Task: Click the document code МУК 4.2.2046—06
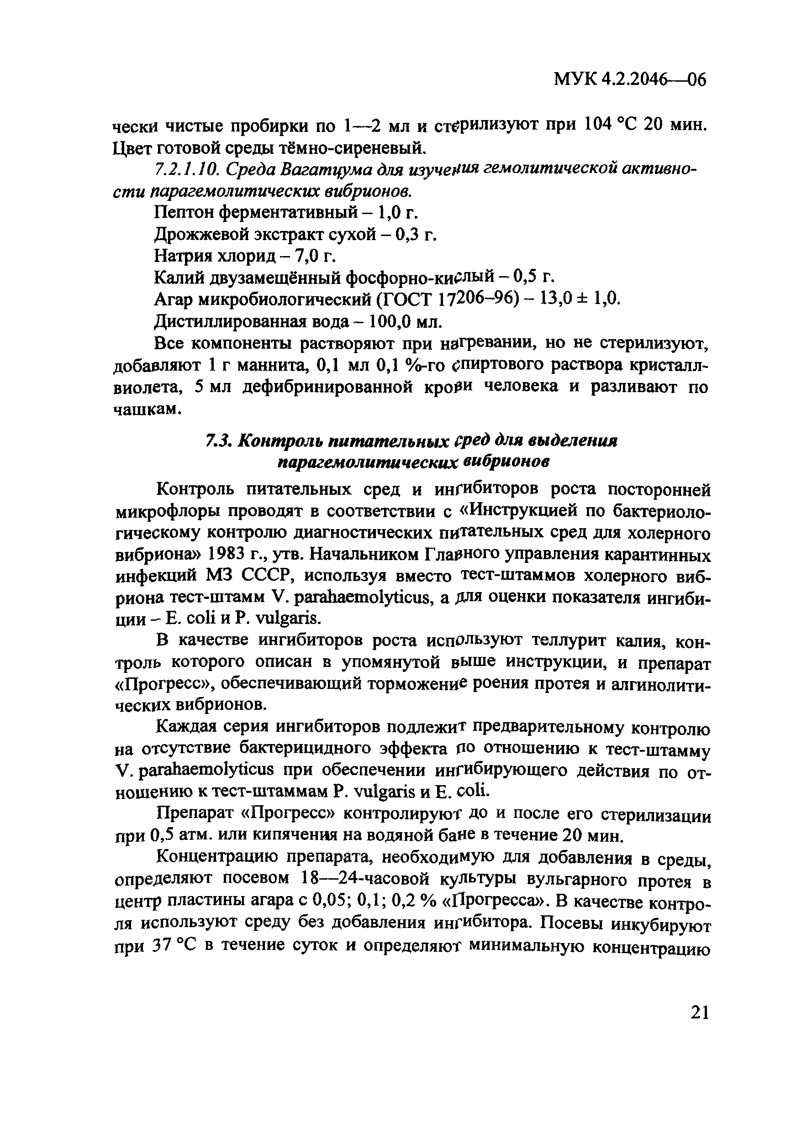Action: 630,79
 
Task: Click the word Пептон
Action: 183,213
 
